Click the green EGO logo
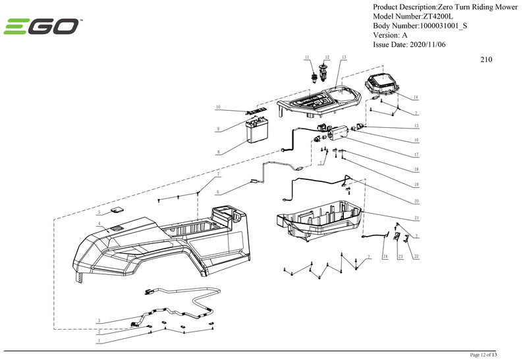pos(42,27)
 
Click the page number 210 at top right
pos(486,59)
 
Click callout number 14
pos(416,97)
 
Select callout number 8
pos(218,152)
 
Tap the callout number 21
pos(416,218)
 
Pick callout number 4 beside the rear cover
pos(99,224)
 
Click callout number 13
pos(344,57)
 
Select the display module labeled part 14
pos(381,84)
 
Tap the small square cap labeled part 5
pos(117,209)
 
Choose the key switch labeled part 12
pos(323,69)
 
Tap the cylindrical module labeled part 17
pos(335,133)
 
